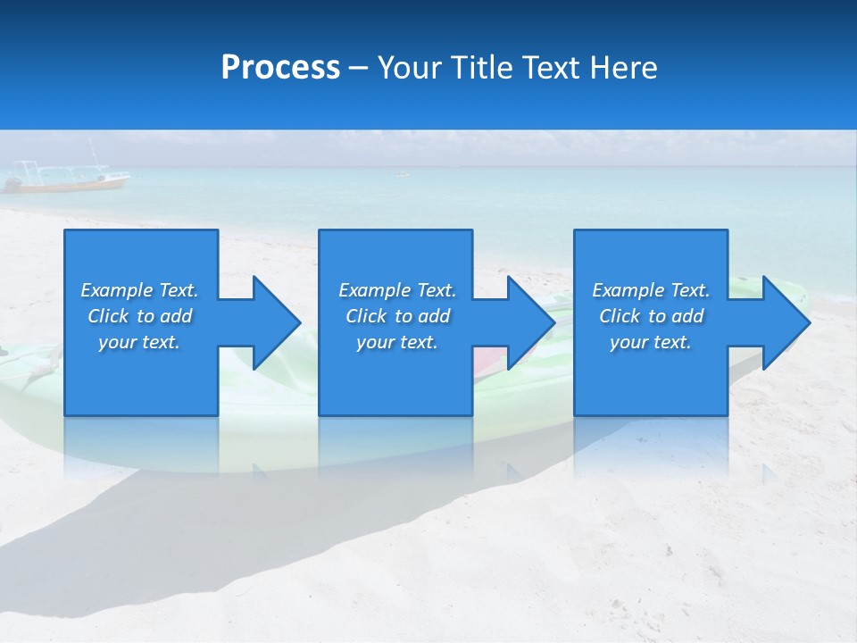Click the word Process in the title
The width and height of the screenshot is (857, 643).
pos(280,68)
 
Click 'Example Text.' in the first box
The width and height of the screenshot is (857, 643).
pos(139,290)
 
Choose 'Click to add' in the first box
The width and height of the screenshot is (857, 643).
pos(139,316)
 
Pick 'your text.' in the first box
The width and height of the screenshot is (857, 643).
pos(139,342)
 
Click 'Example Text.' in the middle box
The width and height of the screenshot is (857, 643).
pos(397,290)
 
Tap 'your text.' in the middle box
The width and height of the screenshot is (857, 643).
pos(397,342)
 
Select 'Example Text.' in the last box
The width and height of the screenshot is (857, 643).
pos(651,290)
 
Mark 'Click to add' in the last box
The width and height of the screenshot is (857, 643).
pos(651,316)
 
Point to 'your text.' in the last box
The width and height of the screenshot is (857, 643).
pos(651,342)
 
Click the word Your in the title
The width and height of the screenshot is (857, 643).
pos(410,68)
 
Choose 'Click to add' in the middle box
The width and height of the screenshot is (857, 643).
pos(397,316)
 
